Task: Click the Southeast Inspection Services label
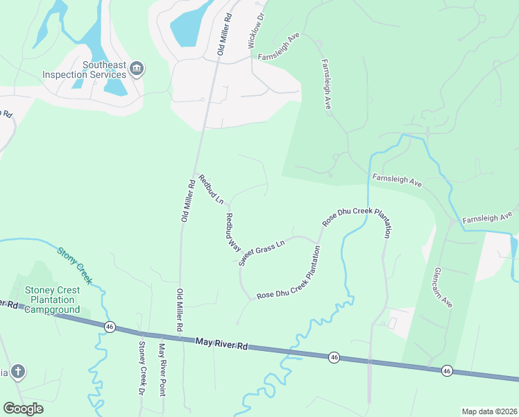[84, 69]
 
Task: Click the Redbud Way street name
[232, 232]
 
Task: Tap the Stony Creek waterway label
[74, 265]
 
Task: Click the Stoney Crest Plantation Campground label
[52, 300]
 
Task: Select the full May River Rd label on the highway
[221, 343]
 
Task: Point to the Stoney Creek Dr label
[141, 368]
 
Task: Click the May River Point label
[162, 369]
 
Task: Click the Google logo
[23, 409]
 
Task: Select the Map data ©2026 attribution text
[488, 411]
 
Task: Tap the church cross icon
[18, 372]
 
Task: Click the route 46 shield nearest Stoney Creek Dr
[110, 326]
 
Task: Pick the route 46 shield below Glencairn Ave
[446, 370]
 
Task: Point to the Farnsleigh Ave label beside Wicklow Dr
[278, 50]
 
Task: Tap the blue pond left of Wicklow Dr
[189, 26]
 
